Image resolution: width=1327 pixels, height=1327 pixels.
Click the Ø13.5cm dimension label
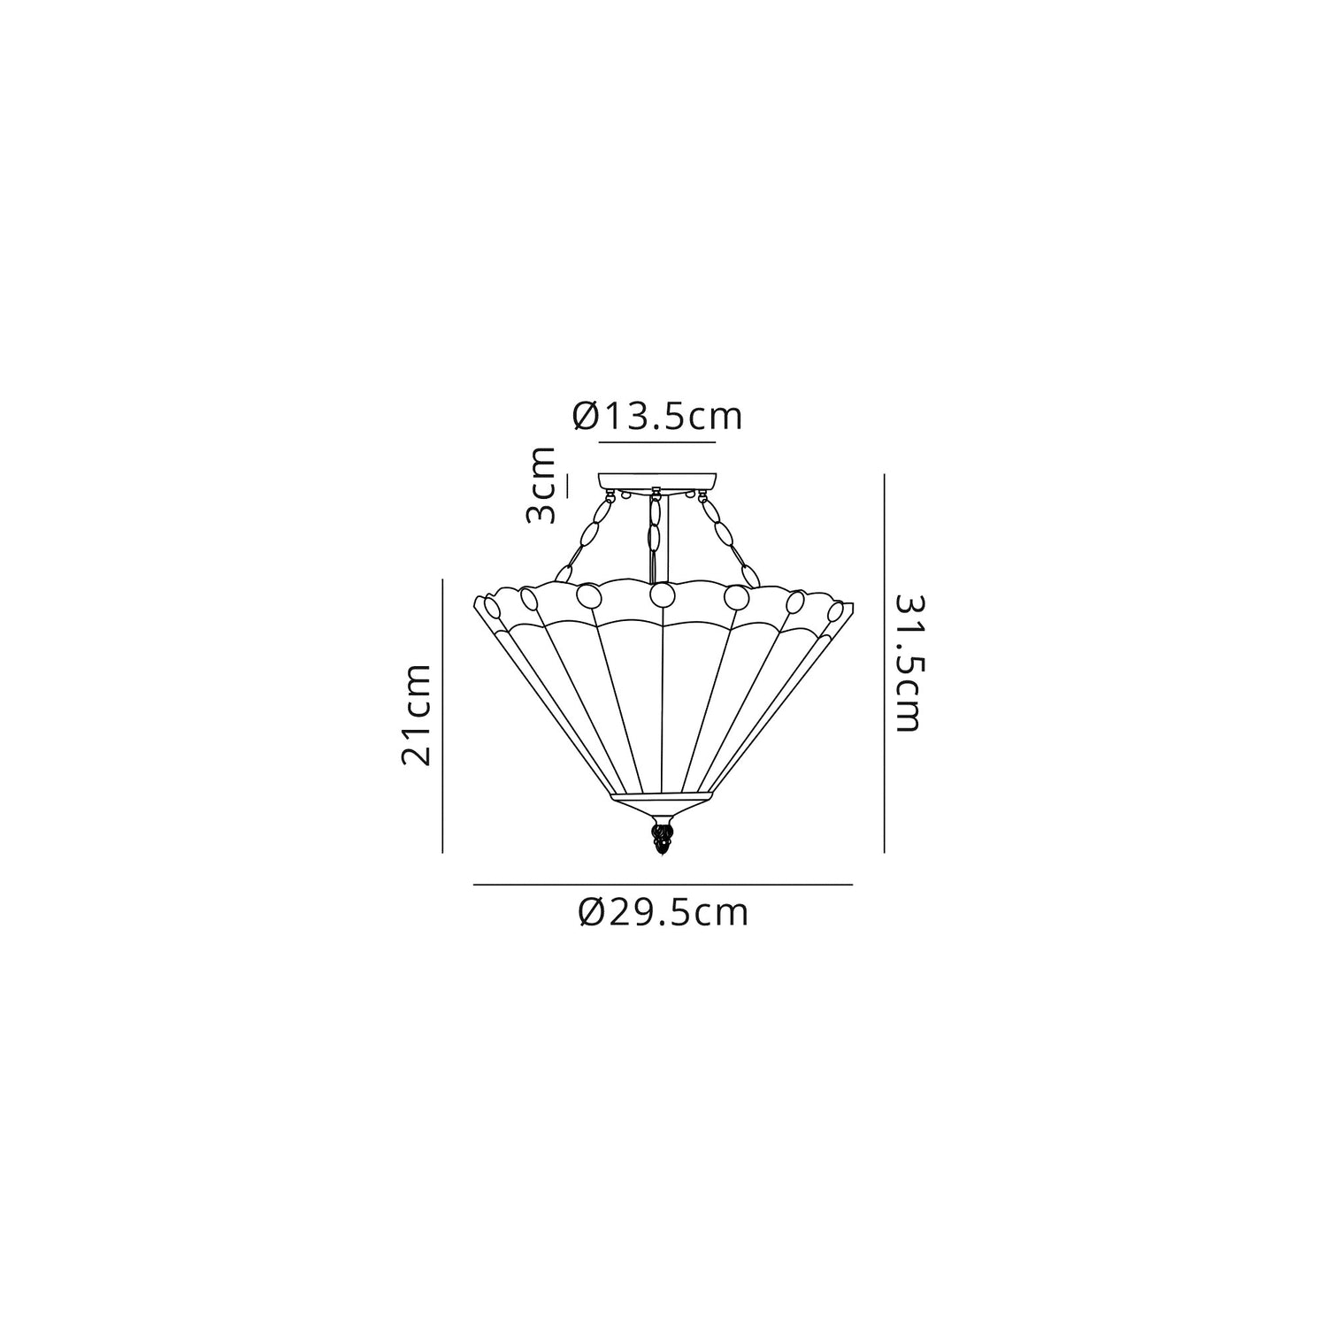(x=657, y=417)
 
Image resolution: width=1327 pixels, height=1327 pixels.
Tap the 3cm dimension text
(x=541, y=486)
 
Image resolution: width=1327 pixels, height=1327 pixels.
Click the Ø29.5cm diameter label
(x=663, y=912)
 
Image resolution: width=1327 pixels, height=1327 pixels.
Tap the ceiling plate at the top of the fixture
(x=656, y=481)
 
